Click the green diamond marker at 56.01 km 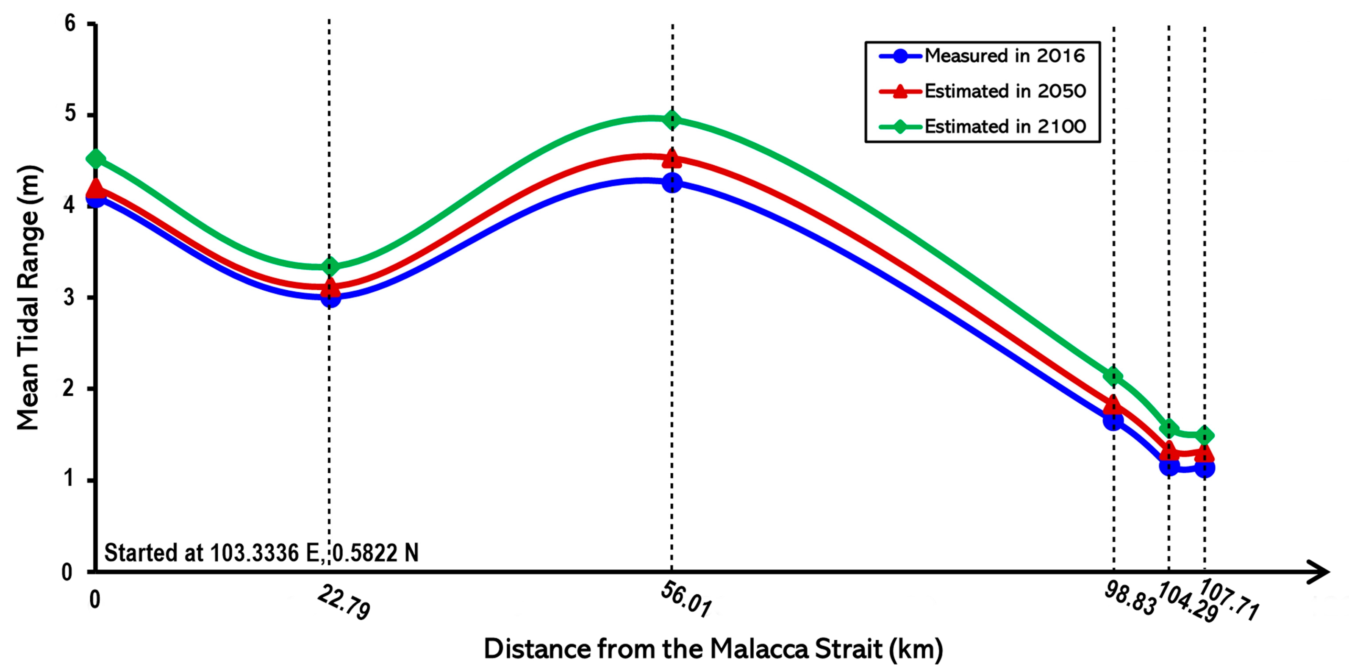tap(672, 120)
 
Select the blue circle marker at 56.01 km tap(672, 183)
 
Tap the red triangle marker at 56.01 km tap(672, 158)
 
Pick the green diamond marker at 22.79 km tap(329, 267)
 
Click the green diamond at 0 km tap(95, 158)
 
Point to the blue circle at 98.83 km tap(1113, 420)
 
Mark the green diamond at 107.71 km tap(1205, 435)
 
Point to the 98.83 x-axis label tap(1130, 599)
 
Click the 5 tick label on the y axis tap(69, 114)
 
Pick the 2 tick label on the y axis tap(68, 388)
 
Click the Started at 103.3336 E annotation tap(261, 553)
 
